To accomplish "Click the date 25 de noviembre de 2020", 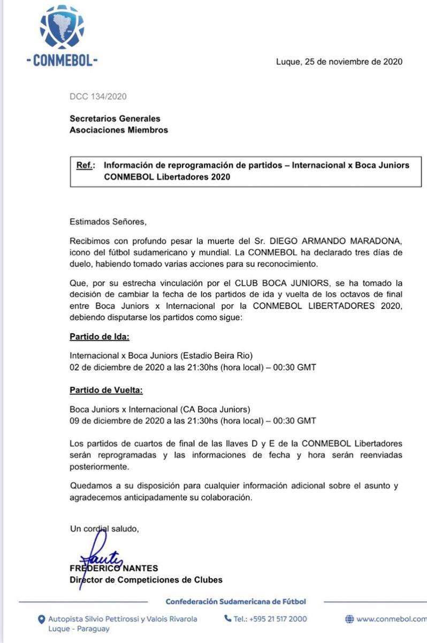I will pyautogui.click(x=353, y=62).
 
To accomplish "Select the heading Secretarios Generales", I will pyautogui.click(x=115, y=119).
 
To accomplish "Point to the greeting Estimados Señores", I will pyautogui.click(x=108, y=221).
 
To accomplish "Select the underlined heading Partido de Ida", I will pyautogui.click(x=100, y=338).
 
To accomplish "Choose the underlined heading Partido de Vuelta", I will pyautogui.click(x=105, y=390).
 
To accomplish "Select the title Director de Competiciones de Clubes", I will pyautogui.click(x=146, y=580).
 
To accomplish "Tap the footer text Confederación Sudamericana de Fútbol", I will pyautogui.click(x=236, y=602).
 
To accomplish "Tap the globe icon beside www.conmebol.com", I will pyautogui.click(x=349, y=619).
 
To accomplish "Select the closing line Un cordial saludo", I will pyautogui.click(x=104, y=529).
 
